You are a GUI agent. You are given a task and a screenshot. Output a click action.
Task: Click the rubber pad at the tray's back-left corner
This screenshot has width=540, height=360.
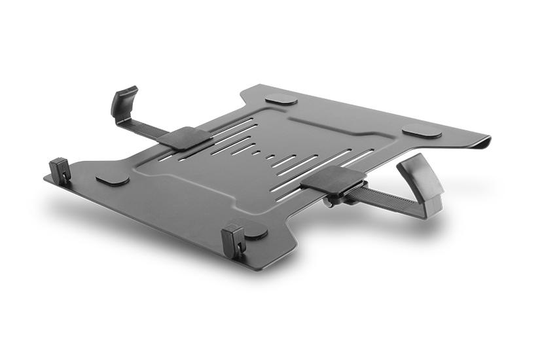281,99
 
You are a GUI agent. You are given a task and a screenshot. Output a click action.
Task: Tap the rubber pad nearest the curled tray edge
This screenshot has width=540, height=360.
422,131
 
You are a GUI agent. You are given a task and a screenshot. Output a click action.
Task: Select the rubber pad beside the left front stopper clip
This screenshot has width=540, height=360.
112,179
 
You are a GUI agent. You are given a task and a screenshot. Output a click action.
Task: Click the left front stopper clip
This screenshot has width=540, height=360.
60,171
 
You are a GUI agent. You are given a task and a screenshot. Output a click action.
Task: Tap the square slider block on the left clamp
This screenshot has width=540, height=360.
185,137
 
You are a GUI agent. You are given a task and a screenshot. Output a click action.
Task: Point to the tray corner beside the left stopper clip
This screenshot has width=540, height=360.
49,177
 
